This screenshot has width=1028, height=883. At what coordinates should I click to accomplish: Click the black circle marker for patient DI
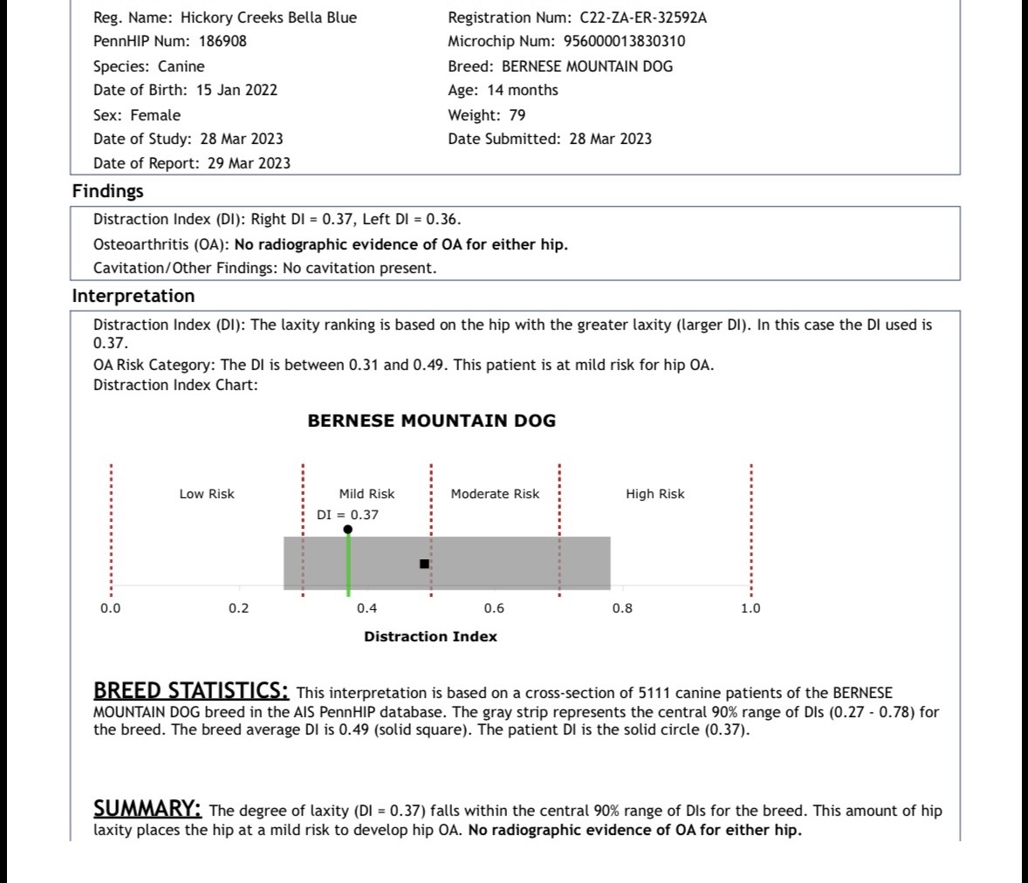348,530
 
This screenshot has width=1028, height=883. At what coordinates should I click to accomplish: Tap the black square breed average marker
424,564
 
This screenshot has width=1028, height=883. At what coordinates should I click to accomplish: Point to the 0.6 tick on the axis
494,608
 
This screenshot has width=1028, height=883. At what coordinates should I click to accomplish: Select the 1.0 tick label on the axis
750,608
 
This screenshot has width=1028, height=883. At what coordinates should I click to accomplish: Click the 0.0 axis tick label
110,608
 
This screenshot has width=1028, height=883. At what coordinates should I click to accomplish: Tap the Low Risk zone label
207,494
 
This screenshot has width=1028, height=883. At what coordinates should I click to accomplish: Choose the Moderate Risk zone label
495,494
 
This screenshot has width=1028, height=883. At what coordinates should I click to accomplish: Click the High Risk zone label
654,494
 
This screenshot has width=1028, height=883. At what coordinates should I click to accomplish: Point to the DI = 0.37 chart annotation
347,515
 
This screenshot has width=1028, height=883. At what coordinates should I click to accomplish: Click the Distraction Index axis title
430,637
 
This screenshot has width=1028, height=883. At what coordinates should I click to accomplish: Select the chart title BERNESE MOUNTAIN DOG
431,421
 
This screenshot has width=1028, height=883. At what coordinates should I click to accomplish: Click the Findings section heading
107,191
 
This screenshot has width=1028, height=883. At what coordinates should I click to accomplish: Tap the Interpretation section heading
133,296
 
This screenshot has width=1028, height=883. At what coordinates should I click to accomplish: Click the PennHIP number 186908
223,41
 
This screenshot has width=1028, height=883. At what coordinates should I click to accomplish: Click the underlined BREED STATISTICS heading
191,691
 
